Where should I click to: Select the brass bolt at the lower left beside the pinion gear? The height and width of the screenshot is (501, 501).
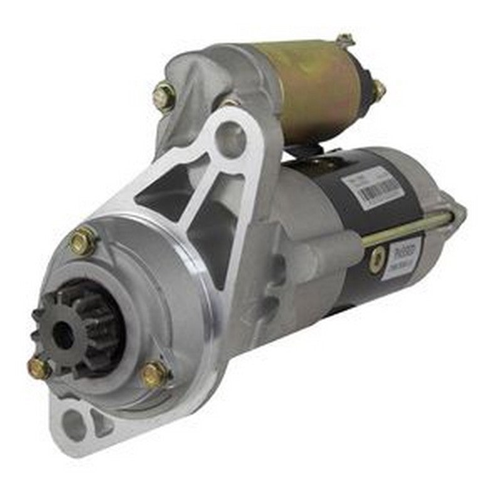(39, 368)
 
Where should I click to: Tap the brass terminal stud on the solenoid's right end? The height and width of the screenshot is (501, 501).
(378, 91)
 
